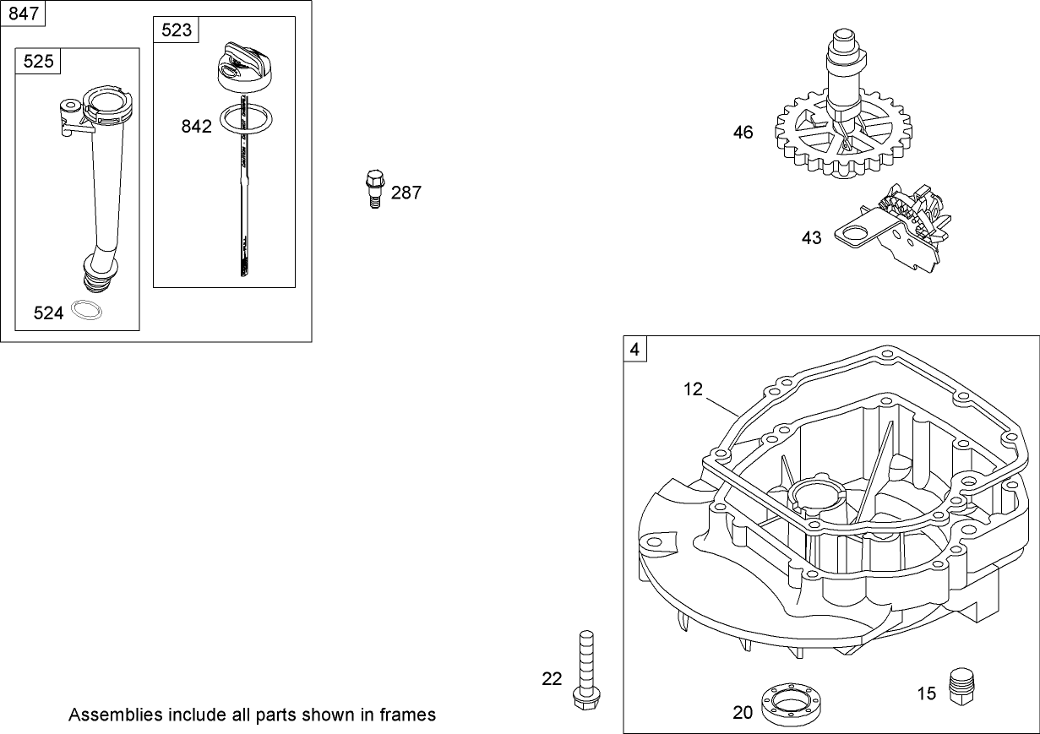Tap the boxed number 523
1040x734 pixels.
177,30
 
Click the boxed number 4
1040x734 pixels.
636,350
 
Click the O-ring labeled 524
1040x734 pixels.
88,310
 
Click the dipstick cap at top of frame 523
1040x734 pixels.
244,66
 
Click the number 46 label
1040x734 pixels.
743,133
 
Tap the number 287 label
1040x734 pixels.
406,193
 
